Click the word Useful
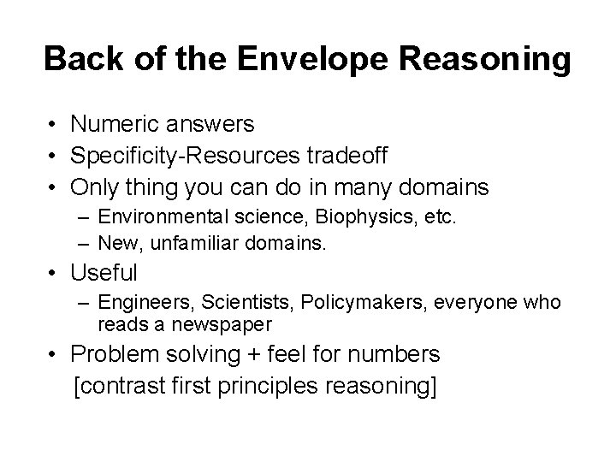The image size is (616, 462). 104,274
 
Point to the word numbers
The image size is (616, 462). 409,353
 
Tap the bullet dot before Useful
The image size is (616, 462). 53,274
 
